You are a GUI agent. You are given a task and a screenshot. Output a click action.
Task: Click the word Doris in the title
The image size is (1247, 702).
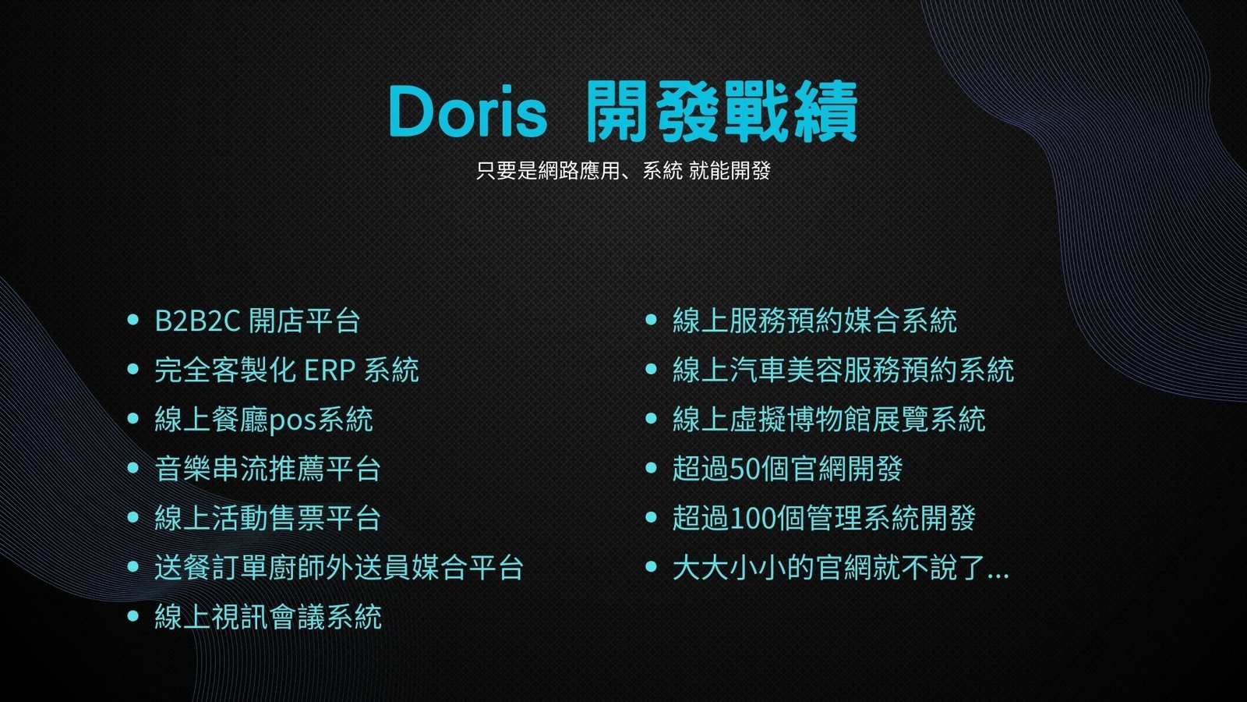tap(468, 112)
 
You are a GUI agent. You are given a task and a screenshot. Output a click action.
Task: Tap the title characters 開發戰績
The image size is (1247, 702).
tap(722, 112)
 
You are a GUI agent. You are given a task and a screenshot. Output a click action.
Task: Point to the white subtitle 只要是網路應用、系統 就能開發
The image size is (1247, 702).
tap(623, 171)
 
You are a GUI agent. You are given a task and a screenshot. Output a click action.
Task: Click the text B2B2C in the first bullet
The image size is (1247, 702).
tap(197, 321)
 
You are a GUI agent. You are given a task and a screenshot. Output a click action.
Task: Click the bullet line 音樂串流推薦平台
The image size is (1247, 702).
tap(267, 469)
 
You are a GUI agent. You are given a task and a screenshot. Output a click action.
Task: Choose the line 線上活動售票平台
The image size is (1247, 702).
tap(267, 518)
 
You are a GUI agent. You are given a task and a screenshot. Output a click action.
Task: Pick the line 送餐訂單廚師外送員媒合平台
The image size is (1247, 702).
tap(338, 568)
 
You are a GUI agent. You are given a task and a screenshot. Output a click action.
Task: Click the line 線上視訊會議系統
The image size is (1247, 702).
tap(268, 617)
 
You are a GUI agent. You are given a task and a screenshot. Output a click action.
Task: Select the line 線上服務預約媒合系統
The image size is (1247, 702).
tap(814, 321)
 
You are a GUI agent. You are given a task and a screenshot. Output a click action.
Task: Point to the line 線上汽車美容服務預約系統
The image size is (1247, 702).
tap(843, 370)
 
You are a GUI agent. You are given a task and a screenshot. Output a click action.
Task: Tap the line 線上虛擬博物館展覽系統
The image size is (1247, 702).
tap(829, 420)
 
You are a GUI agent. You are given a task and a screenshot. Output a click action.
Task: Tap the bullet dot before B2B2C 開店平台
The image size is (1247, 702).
tap(132, 319)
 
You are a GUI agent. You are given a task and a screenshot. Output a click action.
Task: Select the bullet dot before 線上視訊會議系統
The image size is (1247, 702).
tap(132, 616)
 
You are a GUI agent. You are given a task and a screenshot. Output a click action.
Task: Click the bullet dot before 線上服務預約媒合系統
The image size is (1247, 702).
tap(651, 319)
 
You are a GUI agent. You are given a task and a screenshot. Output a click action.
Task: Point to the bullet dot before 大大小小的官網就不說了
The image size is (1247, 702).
tap(651, 566)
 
